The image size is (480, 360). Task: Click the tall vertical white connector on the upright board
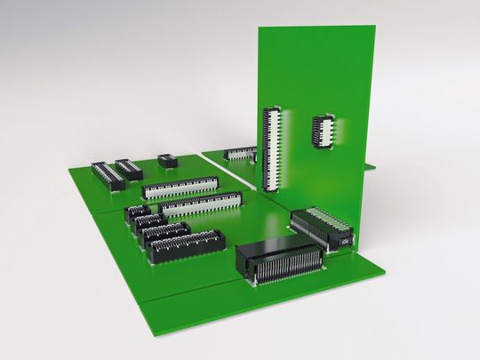point(271,148)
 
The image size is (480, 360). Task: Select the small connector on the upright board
point(323,131)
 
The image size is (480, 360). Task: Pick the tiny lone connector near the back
point(166,160)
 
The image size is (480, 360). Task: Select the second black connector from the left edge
point(129,168)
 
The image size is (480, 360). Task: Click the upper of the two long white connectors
point(180,188)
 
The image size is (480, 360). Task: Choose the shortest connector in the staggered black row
point(138,212)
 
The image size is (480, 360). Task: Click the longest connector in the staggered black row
point(187,245)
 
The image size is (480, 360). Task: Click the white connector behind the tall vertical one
point(239,154)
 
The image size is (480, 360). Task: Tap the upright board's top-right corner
point(374,25)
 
